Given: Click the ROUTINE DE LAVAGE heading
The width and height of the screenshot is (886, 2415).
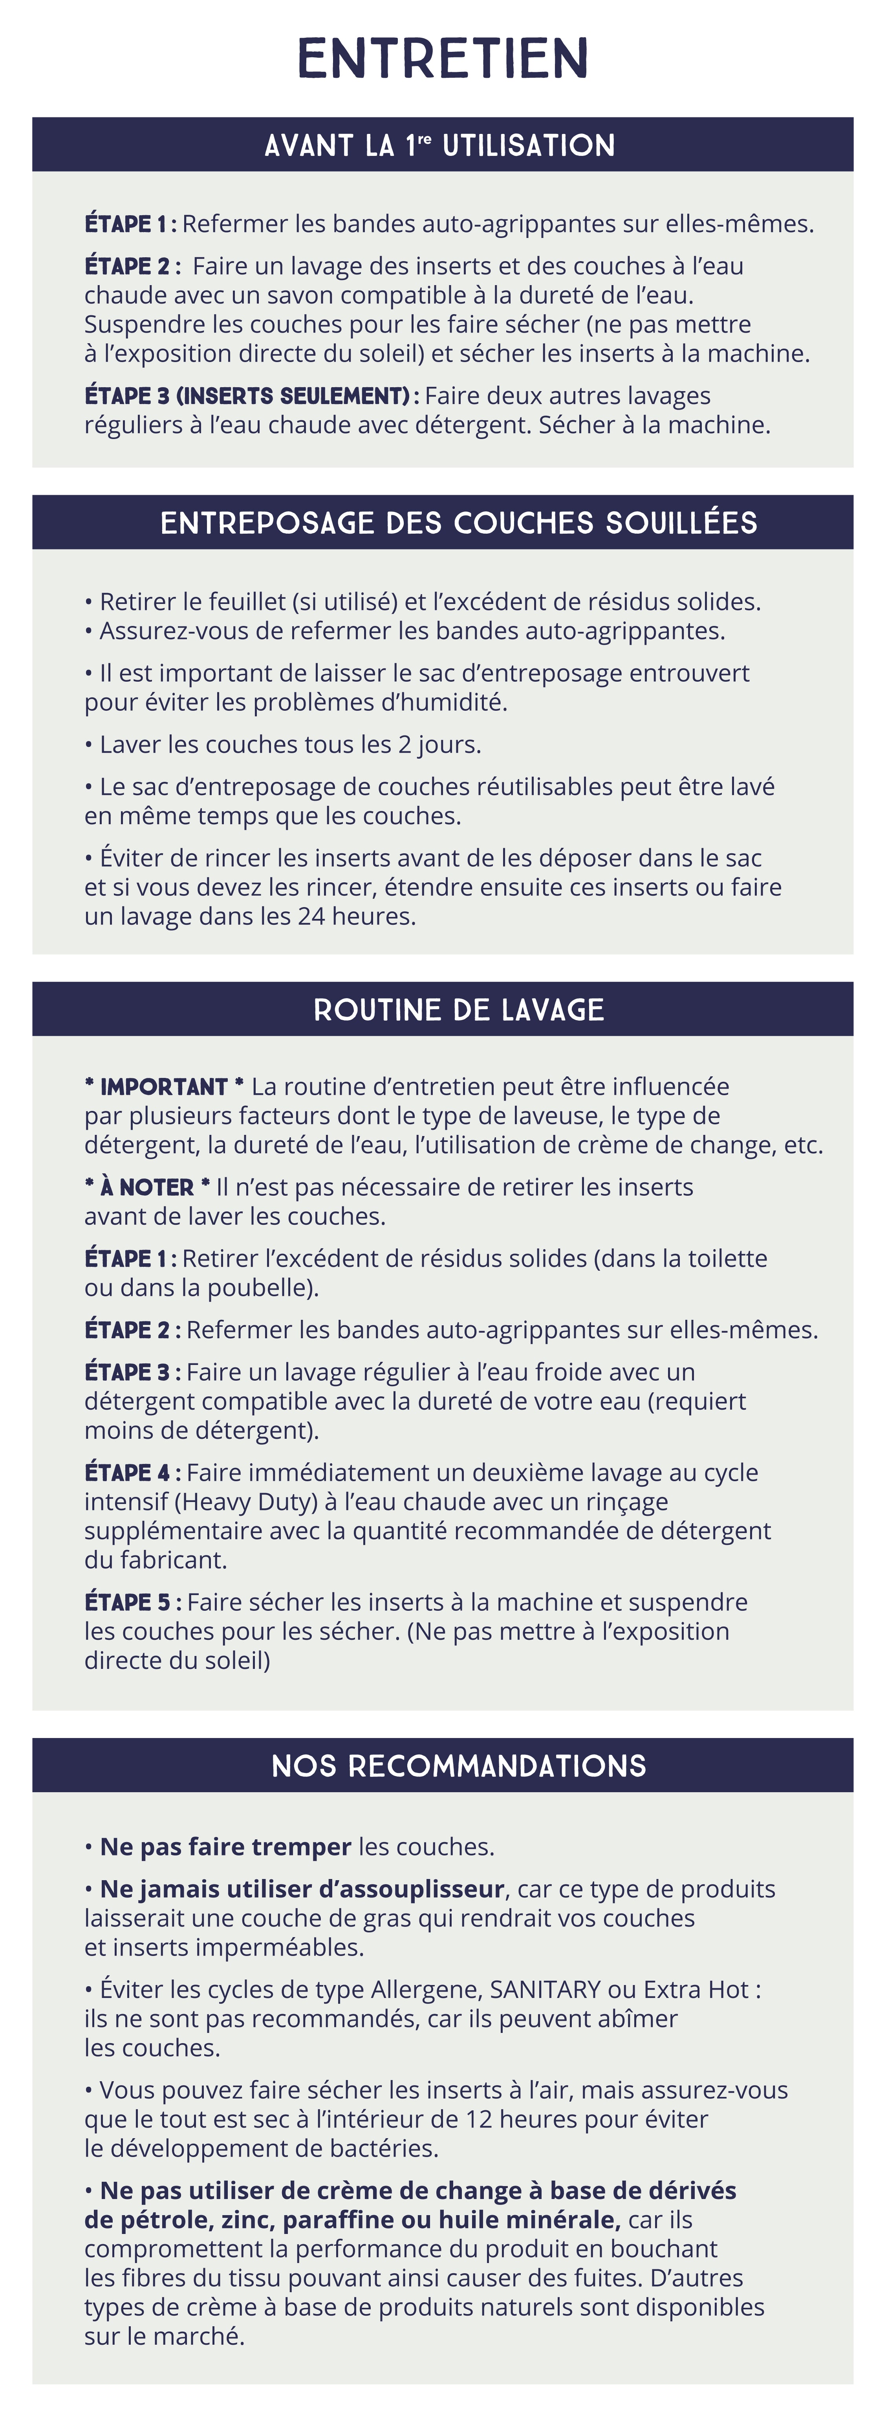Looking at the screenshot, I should [458, 1010].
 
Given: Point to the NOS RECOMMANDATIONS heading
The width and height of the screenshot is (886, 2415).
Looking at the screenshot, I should [458, 1766].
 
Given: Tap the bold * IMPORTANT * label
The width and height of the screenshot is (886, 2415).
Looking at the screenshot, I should [164, 1087].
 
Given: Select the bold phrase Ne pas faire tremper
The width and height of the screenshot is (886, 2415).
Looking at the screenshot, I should [225, 1847].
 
